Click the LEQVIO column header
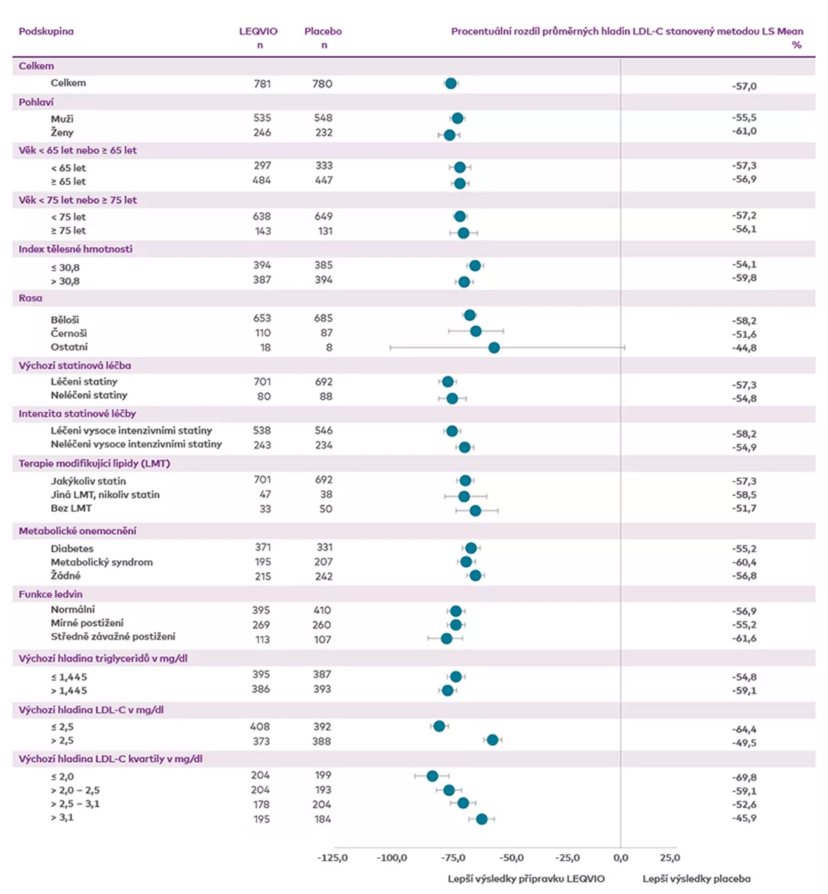pos(258,31)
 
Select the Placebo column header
pos(323,31)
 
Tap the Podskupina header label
pos(46,31)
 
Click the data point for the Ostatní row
pos(494,348)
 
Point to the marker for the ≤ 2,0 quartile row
pos(432,777)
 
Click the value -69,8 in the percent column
pos(744,777)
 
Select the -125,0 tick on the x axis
pos(333,858)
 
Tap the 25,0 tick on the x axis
pos(669,858)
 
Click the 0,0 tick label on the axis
pos(621,858)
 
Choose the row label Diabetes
pos(72,549)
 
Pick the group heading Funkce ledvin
pos(51,594)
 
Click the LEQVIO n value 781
pos(262,84)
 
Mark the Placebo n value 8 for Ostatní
pos(329,348)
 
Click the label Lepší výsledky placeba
pos(696,879)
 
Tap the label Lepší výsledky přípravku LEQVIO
pos(526,879)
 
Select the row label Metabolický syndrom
pos(101,562)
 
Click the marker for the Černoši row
pos(475,332)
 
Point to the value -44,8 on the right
pos(744,348)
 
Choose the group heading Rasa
pos(31,299)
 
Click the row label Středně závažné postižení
pos(113,637)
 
